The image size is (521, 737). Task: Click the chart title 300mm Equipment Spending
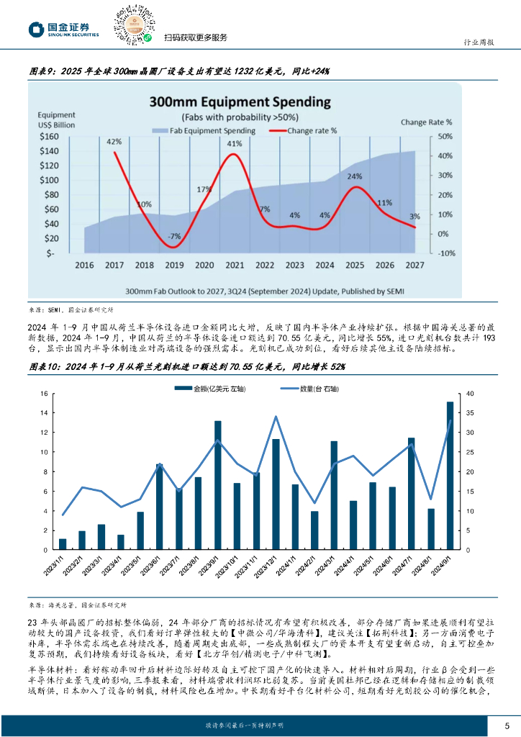coord(240,102)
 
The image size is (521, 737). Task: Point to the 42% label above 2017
coord(114,142)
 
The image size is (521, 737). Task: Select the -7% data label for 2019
coord(174,236)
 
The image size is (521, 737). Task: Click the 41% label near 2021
coord(235,144)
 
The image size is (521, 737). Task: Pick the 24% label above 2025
coord(354,176)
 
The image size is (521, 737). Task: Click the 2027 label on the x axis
coord(414,266)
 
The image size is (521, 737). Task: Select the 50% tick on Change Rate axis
coord(445,136)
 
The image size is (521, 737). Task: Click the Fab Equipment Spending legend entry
coord(203,130)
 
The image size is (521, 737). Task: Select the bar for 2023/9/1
coord(218,485)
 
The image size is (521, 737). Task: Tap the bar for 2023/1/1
coord(63,544)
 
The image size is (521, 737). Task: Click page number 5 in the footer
coord(507,725)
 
